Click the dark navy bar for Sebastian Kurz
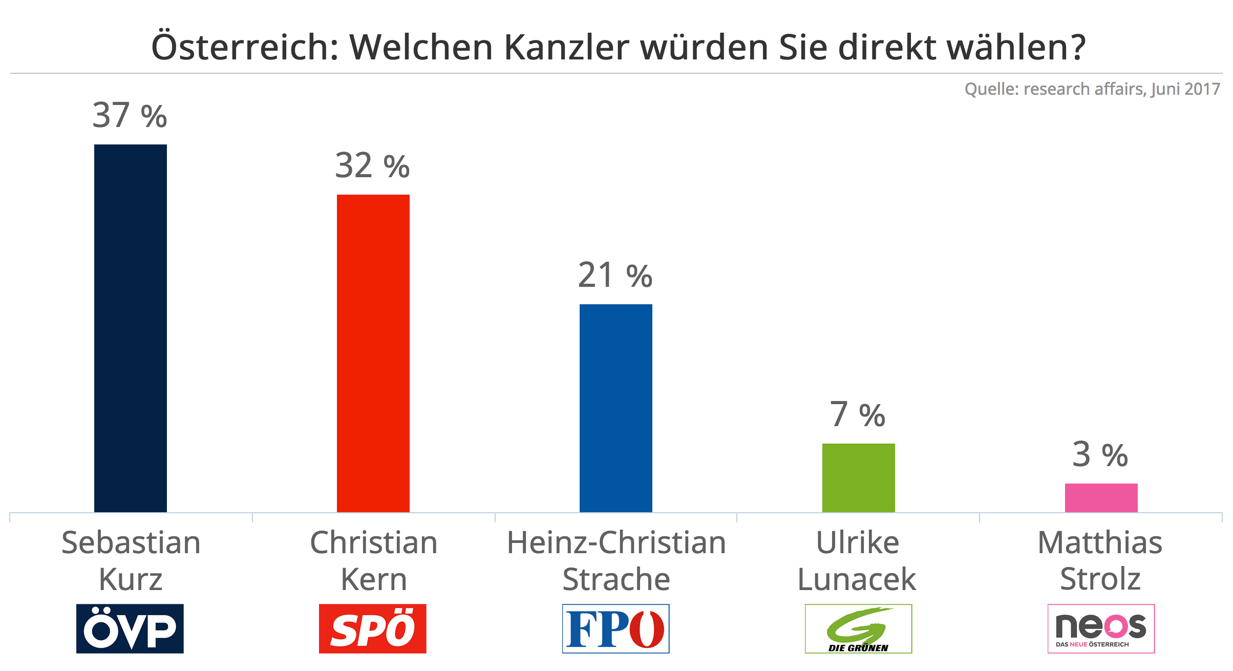tap(131, 328)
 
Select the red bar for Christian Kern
tap(373, 353)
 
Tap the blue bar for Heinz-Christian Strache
tap(616, 408)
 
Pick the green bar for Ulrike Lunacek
tap(859, 477)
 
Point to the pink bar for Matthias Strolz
tap(1101, 497)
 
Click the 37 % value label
tap(130, 115)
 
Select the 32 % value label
tap(372, 165)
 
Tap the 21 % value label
tap(615, 275)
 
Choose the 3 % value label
tap(1100, 454)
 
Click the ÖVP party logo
tap(130, 628)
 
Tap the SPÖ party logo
tap(373, 628)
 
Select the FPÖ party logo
tap(615, 628)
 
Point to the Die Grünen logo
tap(858, 628)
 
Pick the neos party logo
tap(1101, 628)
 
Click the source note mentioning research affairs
tap(1092, 89)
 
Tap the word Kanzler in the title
tap(566, 48)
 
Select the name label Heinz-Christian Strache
tap(616, 561)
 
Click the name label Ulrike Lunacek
tap(858, 561)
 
